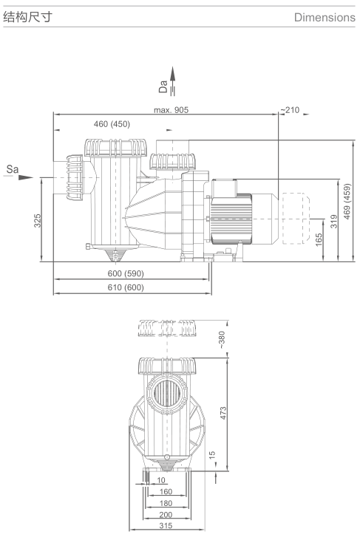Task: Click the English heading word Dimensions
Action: (x=325, y=17)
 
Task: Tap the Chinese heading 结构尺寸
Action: (x=27, y=16)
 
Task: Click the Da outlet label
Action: (x=163, y=86)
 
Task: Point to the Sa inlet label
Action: (x=13, y=168)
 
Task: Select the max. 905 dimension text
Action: (x=171, y=110)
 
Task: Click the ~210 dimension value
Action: (x=290, y=110)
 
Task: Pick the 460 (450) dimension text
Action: (x=112, y=123)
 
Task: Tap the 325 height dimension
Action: (x=37, y=220)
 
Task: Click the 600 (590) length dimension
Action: (x=126, y=273)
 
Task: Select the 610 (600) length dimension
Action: (x=126, y=287)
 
